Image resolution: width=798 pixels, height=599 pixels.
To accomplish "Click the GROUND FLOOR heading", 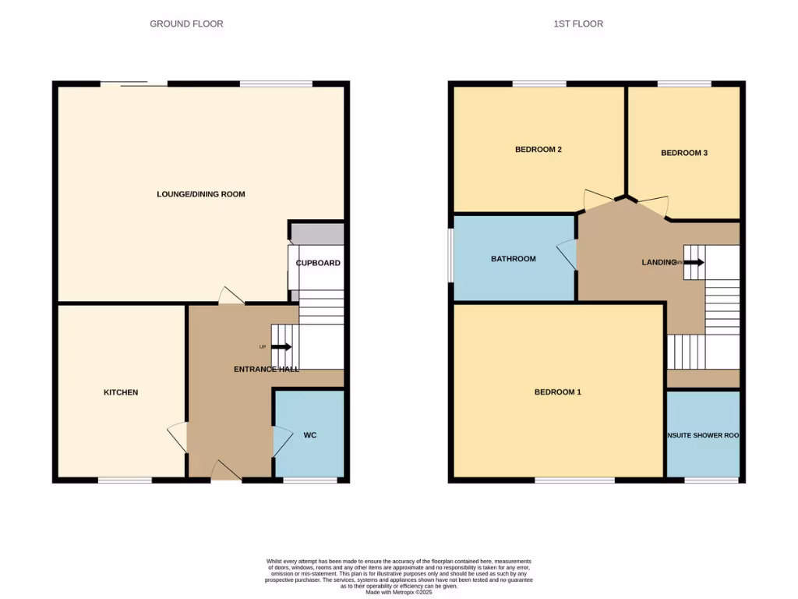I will tap(186, 24).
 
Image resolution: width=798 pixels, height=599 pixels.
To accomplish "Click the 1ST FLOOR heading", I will tap(578, 24).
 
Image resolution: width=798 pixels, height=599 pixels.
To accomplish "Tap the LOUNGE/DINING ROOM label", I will tap(201, 194).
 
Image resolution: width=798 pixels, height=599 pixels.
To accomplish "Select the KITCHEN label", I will tap(121, 392).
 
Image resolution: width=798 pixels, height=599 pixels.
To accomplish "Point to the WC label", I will tap(310, 434).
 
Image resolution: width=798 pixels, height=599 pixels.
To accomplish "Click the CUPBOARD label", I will tap(318, 263).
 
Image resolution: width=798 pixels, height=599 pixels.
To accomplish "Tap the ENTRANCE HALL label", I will tap(267, 369).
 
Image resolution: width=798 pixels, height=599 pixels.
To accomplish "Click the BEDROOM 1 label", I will tap(557, 392).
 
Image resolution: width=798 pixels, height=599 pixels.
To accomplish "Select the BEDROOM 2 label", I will tap(538, 150).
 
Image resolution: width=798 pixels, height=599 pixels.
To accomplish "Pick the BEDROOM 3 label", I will tap(684, 153).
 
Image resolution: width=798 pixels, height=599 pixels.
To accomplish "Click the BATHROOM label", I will tap(513, 259).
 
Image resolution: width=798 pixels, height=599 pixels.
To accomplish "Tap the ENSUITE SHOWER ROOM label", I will tap(702, 436).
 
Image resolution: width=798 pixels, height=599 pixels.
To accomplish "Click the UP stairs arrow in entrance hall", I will tap(281, 347).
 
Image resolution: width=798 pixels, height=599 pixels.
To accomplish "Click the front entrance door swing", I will tap(226, 470).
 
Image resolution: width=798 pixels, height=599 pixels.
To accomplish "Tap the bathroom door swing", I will tap(568, 256).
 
